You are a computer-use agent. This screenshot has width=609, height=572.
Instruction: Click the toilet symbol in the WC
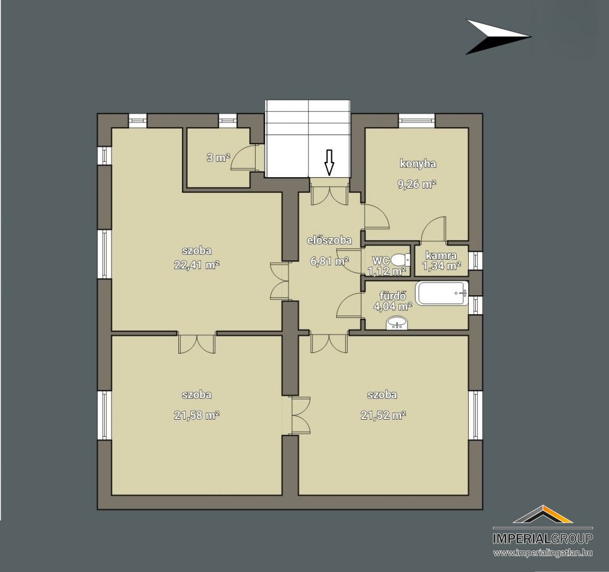pyautogui.click(x=400, y=259)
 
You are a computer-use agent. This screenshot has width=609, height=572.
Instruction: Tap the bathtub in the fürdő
pyautogui.click(x=442, y=293)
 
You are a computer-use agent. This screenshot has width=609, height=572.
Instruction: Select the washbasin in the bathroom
pyautogui.click(x=397, y=323)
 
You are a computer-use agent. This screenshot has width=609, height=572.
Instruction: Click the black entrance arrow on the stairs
pyautogui.click(x=329, y=162)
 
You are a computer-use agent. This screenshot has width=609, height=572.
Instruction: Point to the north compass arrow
pyautogui.click(x=498, y=37)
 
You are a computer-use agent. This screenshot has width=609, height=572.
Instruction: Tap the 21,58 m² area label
pyautogui.click(x=197, y=415)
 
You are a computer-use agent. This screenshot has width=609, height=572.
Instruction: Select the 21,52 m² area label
pyautogui.click(x=383, y=415)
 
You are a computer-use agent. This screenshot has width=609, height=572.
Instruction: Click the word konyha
pyautogui.click(x=418, y=164)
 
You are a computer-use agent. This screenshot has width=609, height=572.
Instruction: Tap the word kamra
pyautogui.click(x=442, y=256)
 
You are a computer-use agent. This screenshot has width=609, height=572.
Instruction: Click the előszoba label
pyautogui.click(x=329, y=241)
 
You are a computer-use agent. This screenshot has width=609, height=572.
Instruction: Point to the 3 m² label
pyautogui.click(x=218, y=158)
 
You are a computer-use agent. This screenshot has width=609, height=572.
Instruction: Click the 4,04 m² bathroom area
pyautogui.click(x=393, y=306)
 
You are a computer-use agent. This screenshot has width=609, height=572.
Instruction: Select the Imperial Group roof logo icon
pyautogui.click(x=543, y=514)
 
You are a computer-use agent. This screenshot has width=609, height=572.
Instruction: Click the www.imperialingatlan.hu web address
pyautogui.click(x=543, y=552)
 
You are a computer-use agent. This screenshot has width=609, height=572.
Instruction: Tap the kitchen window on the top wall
pyautogui.click(x=417, y=120)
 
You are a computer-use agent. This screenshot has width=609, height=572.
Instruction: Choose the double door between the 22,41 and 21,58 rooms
pyautogui.click(x=197, y=343)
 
